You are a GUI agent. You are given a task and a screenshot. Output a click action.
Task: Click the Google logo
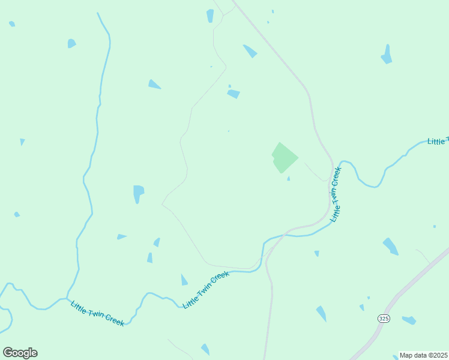point(20,353)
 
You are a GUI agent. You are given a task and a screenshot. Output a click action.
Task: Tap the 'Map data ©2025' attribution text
point(424,355)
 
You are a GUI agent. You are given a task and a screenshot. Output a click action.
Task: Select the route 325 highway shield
point(383,317)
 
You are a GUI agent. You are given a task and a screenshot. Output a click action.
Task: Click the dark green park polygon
point(284,158)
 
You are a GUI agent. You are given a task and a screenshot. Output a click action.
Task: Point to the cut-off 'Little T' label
point(438,142)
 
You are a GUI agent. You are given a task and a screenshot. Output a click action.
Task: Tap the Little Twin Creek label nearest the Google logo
point(97,313)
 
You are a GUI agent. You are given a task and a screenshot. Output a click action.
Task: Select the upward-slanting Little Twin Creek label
point(206,289)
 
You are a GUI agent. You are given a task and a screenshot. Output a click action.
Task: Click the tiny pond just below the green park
point(289,178)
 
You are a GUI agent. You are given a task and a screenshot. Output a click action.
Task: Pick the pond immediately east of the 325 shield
point(409,320)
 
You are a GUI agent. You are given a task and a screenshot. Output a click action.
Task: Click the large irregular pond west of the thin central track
point(138,193)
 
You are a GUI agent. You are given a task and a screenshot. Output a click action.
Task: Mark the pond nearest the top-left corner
point(12,24)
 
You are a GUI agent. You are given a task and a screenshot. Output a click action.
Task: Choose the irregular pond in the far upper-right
point(387,55)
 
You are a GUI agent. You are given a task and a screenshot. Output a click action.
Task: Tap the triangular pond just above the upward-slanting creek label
point(184,280)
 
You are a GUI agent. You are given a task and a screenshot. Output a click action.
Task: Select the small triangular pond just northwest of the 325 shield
point(362,307)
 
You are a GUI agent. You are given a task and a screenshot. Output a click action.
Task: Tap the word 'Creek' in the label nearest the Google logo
point(114,319)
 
